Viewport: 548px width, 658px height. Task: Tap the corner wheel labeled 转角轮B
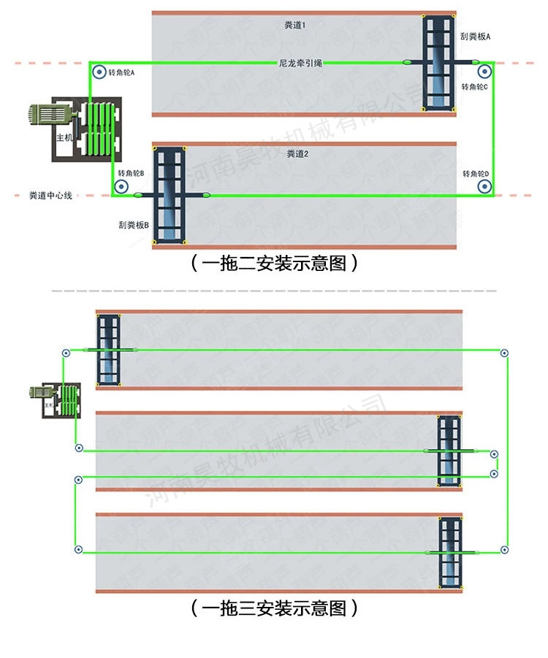point(121,186)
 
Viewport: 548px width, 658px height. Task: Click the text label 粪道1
point(295,25)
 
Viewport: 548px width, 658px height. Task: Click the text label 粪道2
point(297,154)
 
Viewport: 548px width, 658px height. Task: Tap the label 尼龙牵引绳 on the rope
point(300,64)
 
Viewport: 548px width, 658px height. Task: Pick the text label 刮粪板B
point(133,225)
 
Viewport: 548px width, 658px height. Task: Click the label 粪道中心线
point(50,196)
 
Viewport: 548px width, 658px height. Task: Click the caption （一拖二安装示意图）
point(274,264)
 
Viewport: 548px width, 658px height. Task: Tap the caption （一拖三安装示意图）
point(274,608)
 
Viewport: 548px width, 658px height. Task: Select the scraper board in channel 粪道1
point(438,64)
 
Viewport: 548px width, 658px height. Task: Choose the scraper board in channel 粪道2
point(170,194)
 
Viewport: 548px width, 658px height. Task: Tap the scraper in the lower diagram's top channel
point(110,350)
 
